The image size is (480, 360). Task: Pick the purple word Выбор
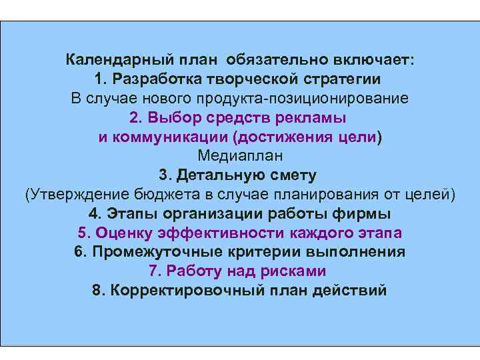coord(171,118)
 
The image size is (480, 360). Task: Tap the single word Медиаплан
coord(240,156)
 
